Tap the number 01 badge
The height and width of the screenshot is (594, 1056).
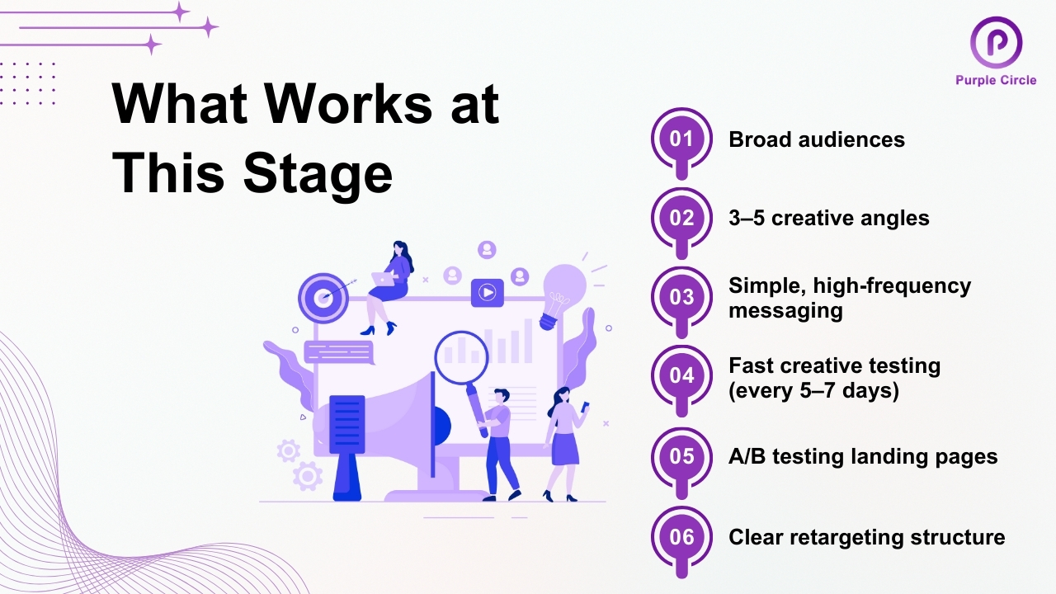(681, 139)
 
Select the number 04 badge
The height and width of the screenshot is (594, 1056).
(681, 376)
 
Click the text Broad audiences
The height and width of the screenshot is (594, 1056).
(817, 139)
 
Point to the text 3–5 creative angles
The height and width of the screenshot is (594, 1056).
(829, 219)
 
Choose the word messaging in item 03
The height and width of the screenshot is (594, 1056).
(785, 311)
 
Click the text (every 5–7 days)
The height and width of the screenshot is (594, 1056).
(813, 390)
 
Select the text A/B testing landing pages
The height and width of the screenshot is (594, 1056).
(863, 456)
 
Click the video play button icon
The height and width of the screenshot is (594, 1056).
(487, 292)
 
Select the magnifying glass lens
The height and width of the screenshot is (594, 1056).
(461, 356)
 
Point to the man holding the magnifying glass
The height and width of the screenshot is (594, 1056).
(498, 441)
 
